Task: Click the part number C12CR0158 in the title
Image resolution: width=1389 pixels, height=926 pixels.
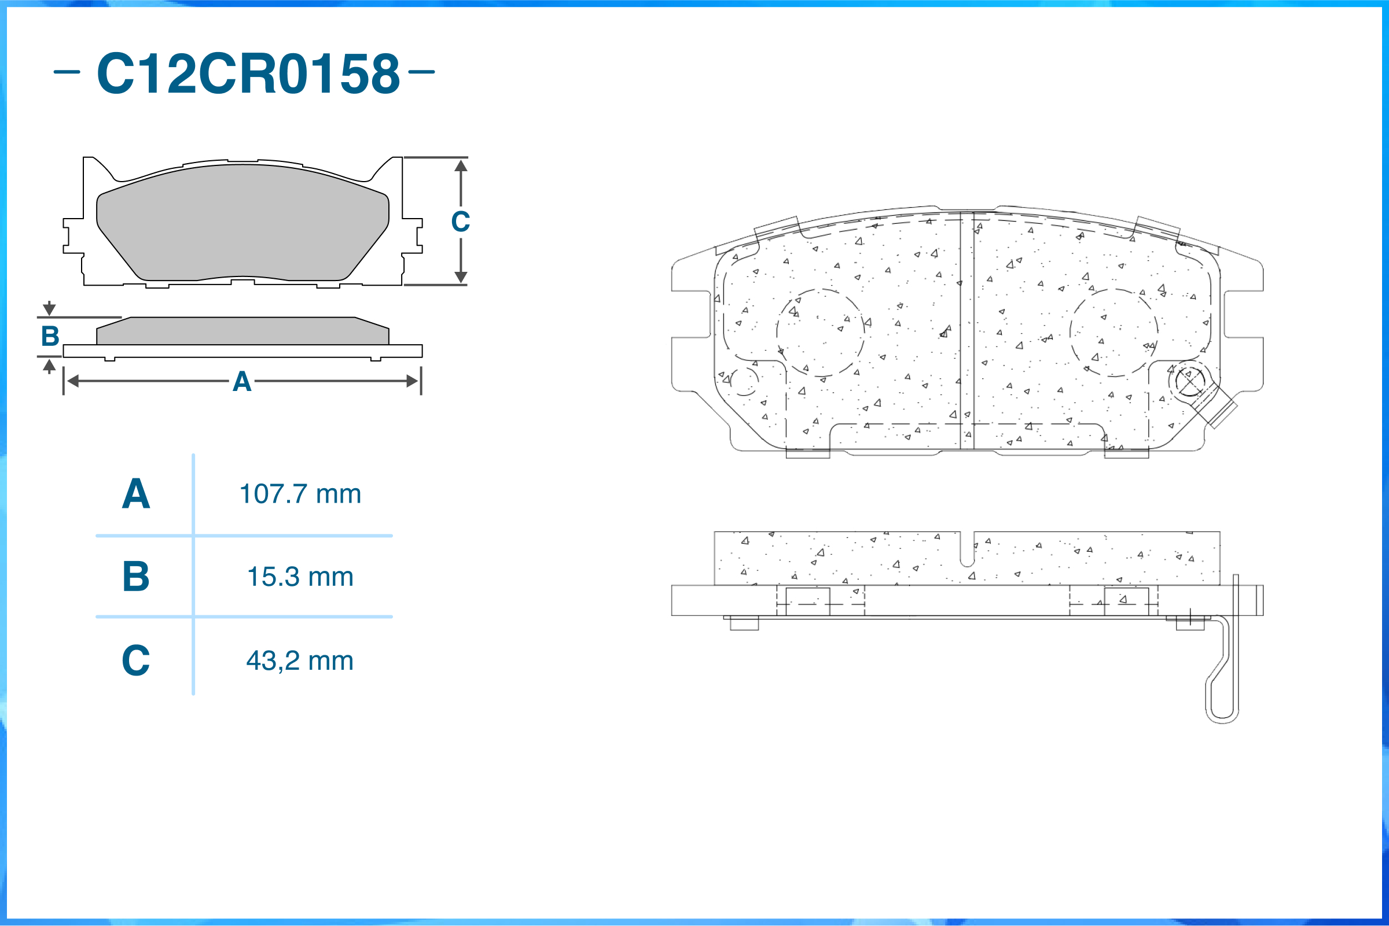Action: (x=248, y=73)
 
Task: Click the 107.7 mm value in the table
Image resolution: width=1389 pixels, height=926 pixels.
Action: (x=300, y=494)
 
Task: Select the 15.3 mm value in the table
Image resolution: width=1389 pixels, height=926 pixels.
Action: (x=300, y=577)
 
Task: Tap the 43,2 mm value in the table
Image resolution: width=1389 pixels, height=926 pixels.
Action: (x=300, y=661)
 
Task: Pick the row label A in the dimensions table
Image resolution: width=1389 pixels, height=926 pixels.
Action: (x=136, y=494)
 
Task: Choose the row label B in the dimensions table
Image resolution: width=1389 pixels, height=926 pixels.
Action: (x=136, y=577)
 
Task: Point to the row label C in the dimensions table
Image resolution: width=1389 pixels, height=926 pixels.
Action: (x=136, y=661)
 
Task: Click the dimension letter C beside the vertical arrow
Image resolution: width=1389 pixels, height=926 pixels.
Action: (x=460, y=222)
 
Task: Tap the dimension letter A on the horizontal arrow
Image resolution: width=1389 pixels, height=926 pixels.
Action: (x=242, y=382)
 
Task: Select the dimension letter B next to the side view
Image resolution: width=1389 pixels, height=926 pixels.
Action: (x=50, y=336)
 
